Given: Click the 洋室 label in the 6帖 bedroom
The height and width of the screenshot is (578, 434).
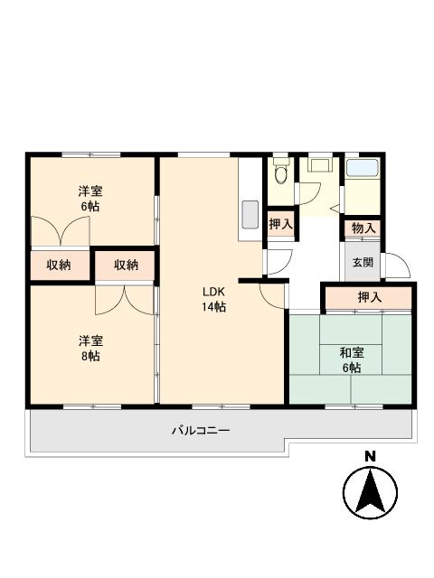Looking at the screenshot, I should pyautogui.click(x=89, y=191).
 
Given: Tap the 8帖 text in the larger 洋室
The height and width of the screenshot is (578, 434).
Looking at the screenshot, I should pyautogui.click(x=89, y=356).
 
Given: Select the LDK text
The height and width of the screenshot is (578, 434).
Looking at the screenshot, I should pyautogui.click(x=213, y=292).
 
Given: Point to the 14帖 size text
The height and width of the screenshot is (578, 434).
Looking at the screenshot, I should pyautogui.click(x=213, y=307).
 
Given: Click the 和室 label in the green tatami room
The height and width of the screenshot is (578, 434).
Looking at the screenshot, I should pyautogui.click(x=351, y=353).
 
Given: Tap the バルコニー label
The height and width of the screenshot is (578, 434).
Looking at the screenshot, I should pyautogui.click(x=201, y=430).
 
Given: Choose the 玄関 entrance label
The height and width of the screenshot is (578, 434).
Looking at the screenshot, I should pyautogui.click(x=363, y=263).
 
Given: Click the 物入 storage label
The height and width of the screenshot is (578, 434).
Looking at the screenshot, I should pyautogui.click(x=363, y=228).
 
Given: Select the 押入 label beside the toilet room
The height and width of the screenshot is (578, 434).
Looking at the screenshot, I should pyautogui.click(x=280, y=224).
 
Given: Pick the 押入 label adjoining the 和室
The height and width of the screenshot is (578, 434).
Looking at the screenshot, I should pyautogui.click(x=369, y=297).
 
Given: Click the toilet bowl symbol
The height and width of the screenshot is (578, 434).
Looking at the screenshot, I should pyautogui.click(x=280, y=172).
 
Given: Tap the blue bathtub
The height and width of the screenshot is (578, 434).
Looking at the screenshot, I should pyautogui.click(x=363, y=167).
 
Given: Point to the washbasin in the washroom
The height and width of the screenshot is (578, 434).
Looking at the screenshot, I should pyautogui.click(x=320, y=165).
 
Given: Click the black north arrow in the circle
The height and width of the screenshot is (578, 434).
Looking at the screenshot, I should pyautogui.click(x=369, y=492).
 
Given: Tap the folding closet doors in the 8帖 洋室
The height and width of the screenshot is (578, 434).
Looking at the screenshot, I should pyautogui.click(x=124, y=297).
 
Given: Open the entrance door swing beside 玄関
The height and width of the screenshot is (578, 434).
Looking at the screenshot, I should pyautogui.click(x=398, y=266).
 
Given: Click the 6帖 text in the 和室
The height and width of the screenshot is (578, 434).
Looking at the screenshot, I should pyautogui.click(x=351, y=368).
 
